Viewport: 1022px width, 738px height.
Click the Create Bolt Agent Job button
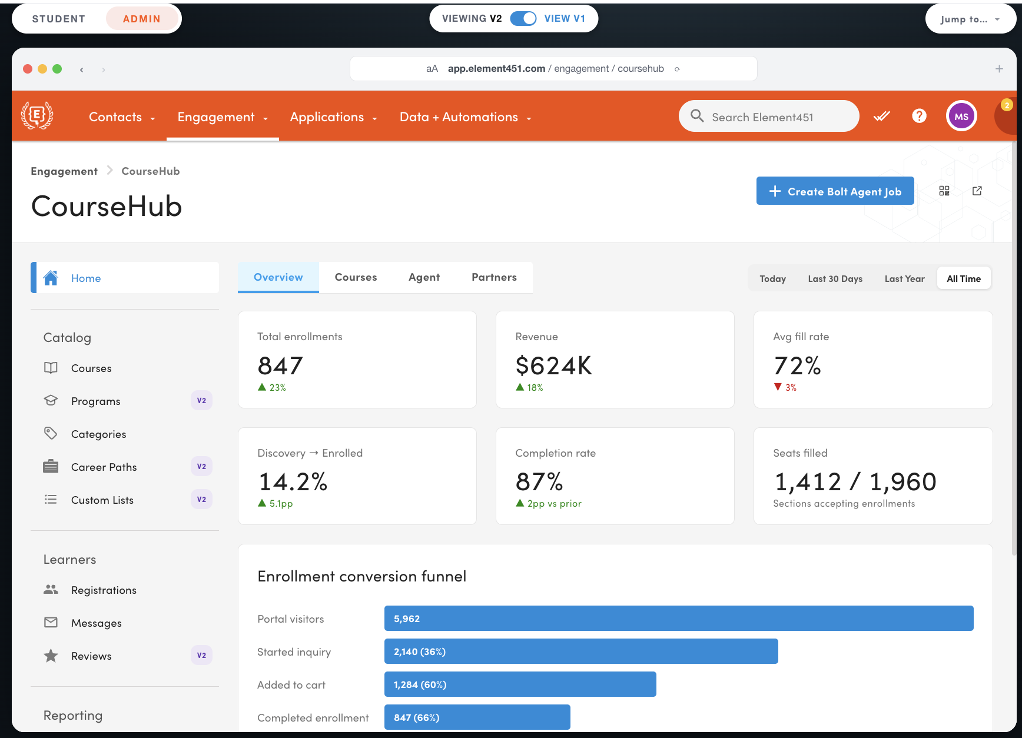(835, 191)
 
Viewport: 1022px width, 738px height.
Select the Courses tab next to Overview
(356, 277)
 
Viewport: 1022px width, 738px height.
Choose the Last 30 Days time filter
(835, 278)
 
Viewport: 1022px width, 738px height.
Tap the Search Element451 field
(769, 117)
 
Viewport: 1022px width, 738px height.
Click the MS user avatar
(961, 117)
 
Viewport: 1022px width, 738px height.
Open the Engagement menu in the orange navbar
(223, 117)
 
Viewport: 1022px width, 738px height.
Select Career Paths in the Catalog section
(104, 467)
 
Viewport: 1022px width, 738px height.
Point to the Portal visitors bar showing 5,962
(679, 619)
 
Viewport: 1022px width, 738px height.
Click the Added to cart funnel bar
(520, 684)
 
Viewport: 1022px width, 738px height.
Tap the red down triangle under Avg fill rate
(778, 387)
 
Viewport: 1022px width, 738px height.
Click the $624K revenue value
(553, 365)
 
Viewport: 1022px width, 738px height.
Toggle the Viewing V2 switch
(523, 18)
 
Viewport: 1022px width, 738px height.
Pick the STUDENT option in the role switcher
(59, 19)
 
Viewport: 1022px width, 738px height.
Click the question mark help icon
(919, 116)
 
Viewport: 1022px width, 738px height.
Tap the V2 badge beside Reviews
(201, 655)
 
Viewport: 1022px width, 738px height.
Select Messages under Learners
(96, 623)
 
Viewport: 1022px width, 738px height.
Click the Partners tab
(494, 277)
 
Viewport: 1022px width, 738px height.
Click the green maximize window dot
(57, 69)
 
